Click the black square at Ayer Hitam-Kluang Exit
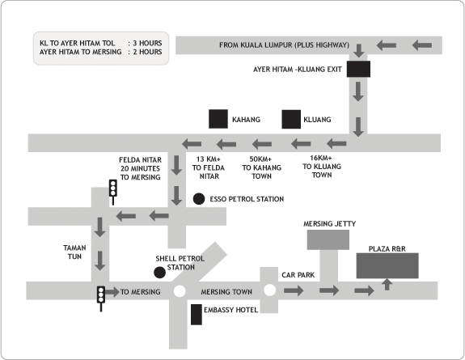click(x=358, y=69)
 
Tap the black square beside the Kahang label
click(x=218, y=119)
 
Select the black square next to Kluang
click(x=291, y=119)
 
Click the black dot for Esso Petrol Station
click(x=199, y=199)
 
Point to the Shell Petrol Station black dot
click(x=159, y=273)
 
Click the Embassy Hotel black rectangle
click(x=197, y=315)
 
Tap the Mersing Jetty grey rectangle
click(x=328, y=239)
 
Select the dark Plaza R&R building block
click(x=387, y=265)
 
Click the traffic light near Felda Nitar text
click(x=112, y=192)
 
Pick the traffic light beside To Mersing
click(x=101, y=299)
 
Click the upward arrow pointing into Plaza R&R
click(x=387, y=284)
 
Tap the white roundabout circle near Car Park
click(x=269, y=290)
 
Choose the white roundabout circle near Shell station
click(x=180, y=291)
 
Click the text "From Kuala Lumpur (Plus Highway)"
click(x=284, y=45)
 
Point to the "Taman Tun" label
click(x=74, y=252)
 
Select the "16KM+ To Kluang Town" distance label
click(x=322, y=167)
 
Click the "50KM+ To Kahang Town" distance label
click(x=261, y=167)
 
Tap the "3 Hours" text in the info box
click(x=147, y=43)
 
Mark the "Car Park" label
click(x=298, y=275)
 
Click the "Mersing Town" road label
click(x=226, y=292)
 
